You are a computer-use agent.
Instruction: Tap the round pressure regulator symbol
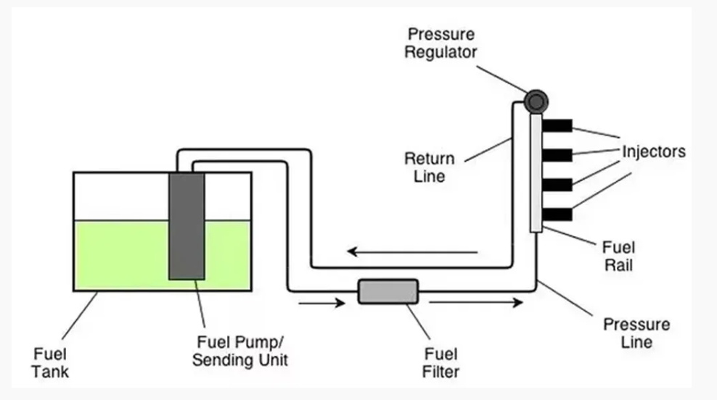tap(536, 101)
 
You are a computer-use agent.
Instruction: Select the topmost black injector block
tap(557, 125)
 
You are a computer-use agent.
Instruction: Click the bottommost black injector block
tap(557, 214)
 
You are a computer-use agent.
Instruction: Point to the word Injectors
tap(653, 152)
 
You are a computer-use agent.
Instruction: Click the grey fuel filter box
tap(388, 291)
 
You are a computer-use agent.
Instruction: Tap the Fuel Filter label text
tap(441, 363)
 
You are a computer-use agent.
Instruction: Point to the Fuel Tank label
tap(51, 363)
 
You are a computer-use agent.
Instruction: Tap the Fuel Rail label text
tap(619, 254)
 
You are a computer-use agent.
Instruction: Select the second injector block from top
tap(557, 154)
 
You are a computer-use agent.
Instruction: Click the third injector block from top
tap(557, 184)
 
